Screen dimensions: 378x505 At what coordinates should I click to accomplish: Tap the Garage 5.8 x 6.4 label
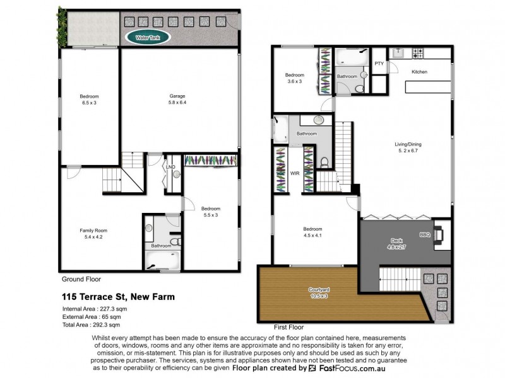click(x=177, y=100)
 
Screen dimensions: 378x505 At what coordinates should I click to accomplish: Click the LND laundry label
click(x=170, y=167)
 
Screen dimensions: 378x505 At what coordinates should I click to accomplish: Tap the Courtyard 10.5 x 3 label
click(x=319, y=293)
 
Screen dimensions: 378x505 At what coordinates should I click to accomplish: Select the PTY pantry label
click(x=379, y=64)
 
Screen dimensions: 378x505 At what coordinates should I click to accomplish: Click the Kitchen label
click(x=419, y=72)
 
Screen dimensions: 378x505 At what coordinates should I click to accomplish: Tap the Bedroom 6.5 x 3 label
click(x=89, y=100)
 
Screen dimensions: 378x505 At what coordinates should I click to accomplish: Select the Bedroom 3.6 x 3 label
click(x=295, y=78)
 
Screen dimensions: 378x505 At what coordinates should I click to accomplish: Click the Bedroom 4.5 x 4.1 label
click(x=313, y=232)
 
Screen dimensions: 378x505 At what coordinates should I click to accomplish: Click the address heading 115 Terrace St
click(x=118, y=296)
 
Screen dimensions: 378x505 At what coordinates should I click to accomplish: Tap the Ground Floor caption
click(x=81, y=278)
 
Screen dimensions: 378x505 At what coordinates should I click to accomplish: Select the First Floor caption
click(x=288, y=328)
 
